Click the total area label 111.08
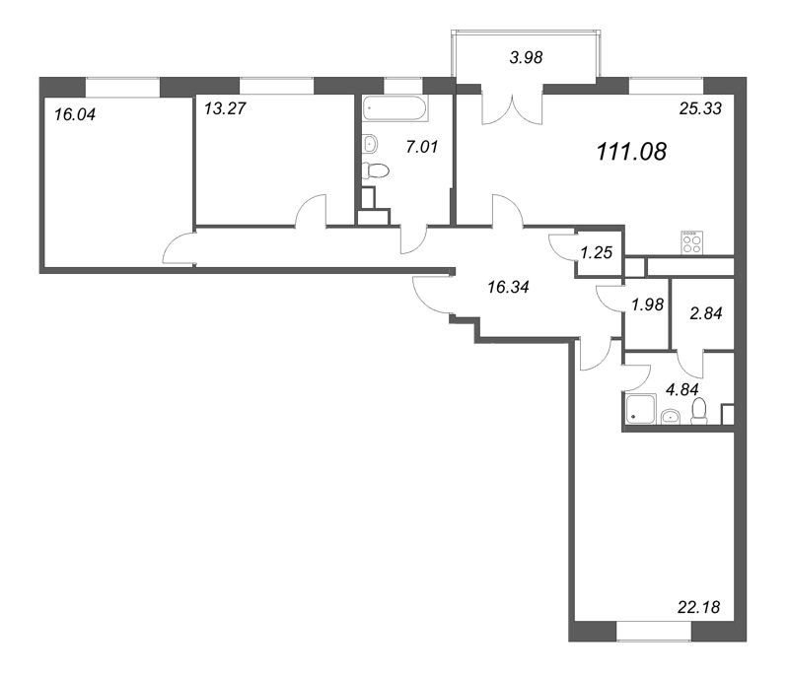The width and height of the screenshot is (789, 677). tap(631, 152)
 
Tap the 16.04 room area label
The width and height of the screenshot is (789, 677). tap(75, 114)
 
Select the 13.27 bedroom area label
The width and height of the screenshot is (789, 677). tap(225, 108)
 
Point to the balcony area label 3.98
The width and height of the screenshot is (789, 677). tap(526, 57)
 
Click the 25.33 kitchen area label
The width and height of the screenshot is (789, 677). tap(700, 108)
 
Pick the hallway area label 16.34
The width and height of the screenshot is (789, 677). tap(508, 287)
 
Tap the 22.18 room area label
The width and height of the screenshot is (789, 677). tap(699, 607)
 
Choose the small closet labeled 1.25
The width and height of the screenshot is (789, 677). tap(597, 252)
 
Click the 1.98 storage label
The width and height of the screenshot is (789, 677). tap(648, 305)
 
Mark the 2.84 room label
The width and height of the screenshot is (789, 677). tap(706, 313)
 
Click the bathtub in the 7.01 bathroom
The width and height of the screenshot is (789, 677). tap(395, 108)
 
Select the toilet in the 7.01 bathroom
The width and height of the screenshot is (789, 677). tap(376, 170)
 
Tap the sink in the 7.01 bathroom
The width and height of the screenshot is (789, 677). tap(370, 144)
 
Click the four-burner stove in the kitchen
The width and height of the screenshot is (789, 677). tap(692, 242)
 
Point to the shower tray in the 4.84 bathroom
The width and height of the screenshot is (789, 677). tap(641, 409)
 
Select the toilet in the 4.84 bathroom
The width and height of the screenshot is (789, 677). tap(699, 412)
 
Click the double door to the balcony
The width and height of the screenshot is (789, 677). tap(512, 108)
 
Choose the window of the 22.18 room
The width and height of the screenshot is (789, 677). tap(654, 632)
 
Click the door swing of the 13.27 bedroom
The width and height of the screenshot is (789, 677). tap(311, 210)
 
